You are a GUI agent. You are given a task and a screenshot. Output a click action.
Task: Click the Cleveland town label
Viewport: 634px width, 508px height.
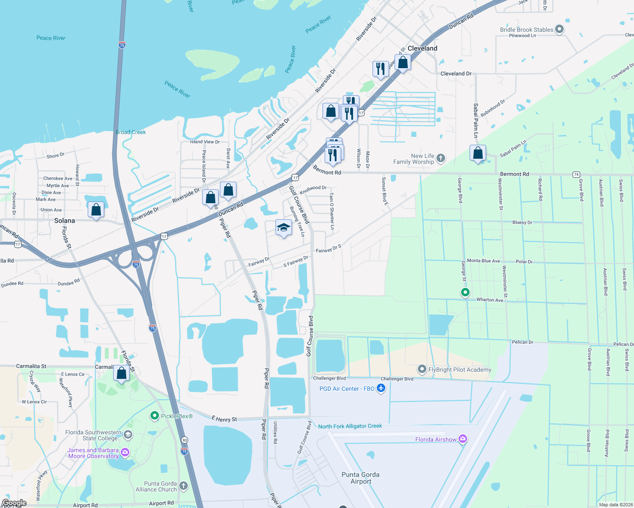[x=422, y=48]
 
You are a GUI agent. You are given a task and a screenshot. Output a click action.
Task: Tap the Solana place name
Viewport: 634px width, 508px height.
[x=64, y=221]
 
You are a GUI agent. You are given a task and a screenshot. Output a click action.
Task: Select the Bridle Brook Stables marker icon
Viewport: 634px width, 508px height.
[x=559, y=29]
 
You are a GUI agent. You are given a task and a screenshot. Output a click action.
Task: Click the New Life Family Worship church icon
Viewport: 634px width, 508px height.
[x=441, y=158]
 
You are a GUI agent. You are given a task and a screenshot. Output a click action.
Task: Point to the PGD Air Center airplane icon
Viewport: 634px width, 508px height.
[x=381, y=388]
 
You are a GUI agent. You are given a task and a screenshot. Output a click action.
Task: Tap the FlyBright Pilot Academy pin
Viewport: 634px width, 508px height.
[x=422, y=369]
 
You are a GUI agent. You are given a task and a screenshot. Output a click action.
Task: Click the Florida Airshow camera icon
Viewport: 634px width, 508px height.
[x=463, y=439]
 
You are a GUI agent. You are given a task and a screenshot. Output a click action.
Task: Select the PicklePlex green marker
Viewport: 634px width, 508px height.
[x=155, y=416]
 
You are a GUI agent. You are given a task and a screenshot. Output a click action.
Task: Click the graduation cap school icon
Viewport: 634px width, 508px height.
[x=283, y=228]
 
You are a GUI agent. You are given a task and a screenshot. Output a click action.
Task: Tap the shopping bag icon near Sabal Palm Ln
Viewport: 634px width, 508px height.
[x=478, y=153]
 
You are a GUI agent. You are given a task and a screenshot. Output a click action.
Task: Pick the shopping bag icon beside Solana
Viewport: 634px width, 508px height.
[x=96, y=210]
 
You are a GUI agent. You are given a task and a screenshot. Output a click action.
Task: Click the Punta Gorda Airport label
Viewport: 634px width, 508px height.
[x=361, y=478]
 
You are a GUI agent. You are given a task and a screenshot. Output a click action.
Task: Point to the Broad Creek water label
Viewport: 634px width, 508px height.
[x=131, y=132]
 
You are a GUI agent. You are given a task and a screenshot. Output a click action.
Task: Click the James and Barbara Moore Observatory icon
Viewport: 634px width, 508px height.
[x=125, y=453]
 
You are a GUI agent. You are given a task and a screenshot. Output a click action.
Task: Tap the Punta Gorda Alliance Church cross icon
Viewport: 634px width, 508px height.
[x=183, y=486]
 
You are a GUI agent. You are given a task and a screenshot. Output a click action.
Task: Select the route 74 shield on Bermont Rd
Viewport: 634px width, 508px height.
[x=576, y=174]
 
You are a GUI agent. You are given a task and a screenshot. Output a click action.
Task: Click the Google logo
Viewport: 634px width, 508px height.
[x=14, y=503]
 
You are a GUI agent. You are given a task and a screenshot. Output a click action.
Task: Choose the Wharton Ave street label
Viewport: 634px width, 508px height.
[x=489, y=300]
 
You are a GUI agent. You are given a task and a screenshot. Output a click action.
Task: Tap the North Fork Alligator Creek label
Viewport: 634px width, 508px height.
[x=350, y=426]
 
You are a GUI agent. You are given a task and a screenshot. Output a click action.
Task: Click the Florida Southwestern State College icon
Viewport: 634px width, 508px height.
[x=128, y=435]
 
